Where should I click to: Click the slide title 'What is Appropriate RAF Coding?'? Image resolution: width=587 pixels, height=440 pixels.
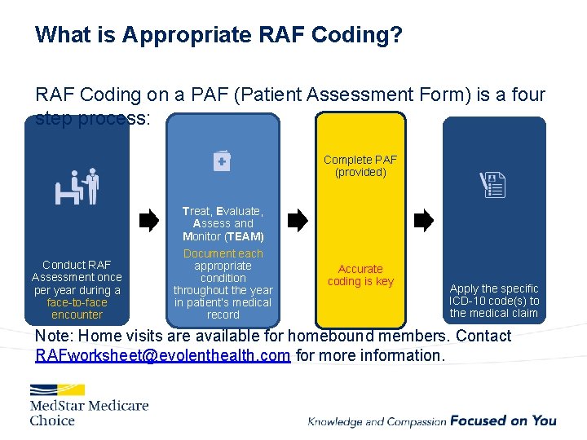coord(218,35)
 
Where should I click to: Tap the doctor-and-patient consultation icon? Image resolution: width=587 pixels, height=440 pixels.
coord(77,187)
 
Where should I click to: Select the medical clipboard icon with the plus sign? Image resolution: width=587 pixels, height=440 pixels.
coord(222,161)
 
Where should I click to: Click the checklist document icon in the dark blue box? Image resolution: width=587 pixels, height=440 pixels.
coord(493,187)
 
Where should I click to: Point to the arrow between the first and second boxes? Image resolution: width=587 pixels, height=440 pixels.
coord(149,220)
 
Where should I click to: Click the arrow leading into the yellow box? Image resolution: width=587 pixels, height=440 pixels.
coord(298,220)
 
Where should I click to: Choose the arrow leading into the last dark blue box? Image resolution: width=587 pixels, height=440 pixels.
coord(424,220)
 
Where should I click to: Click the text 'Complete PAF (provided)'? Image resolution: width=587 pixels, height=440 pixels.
coord(360,166)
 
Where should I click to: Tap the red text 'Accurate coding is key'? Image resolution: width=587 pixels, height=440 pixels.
coord(360,275)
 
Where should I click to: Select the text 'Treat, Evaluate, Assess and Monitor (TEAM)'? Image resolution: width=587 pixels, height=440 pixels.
coord(223,223)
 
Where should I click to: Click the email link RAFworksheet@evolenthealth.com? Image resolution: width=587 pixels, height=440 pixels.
coord(163,356)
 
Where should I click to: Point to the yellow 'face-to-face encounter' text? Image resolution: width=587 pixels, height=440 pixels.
coord(77,308)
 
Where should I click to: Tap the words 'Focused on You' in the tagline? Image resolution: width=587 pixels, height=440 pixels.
coord(503,420)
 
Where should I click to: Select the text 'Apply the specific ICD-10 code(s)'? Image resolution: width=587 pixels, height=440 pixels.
coord(494,294)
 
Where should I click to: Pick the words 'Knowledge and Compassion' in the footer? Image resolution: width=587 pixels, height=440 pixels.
coord(377,421)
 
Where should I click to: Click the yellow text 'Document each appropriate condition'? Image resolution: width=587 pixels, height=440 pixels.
coord(223,266)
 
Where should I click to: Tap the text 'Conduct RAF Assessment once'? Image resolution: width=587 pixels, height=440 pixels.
coord(77,271)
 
